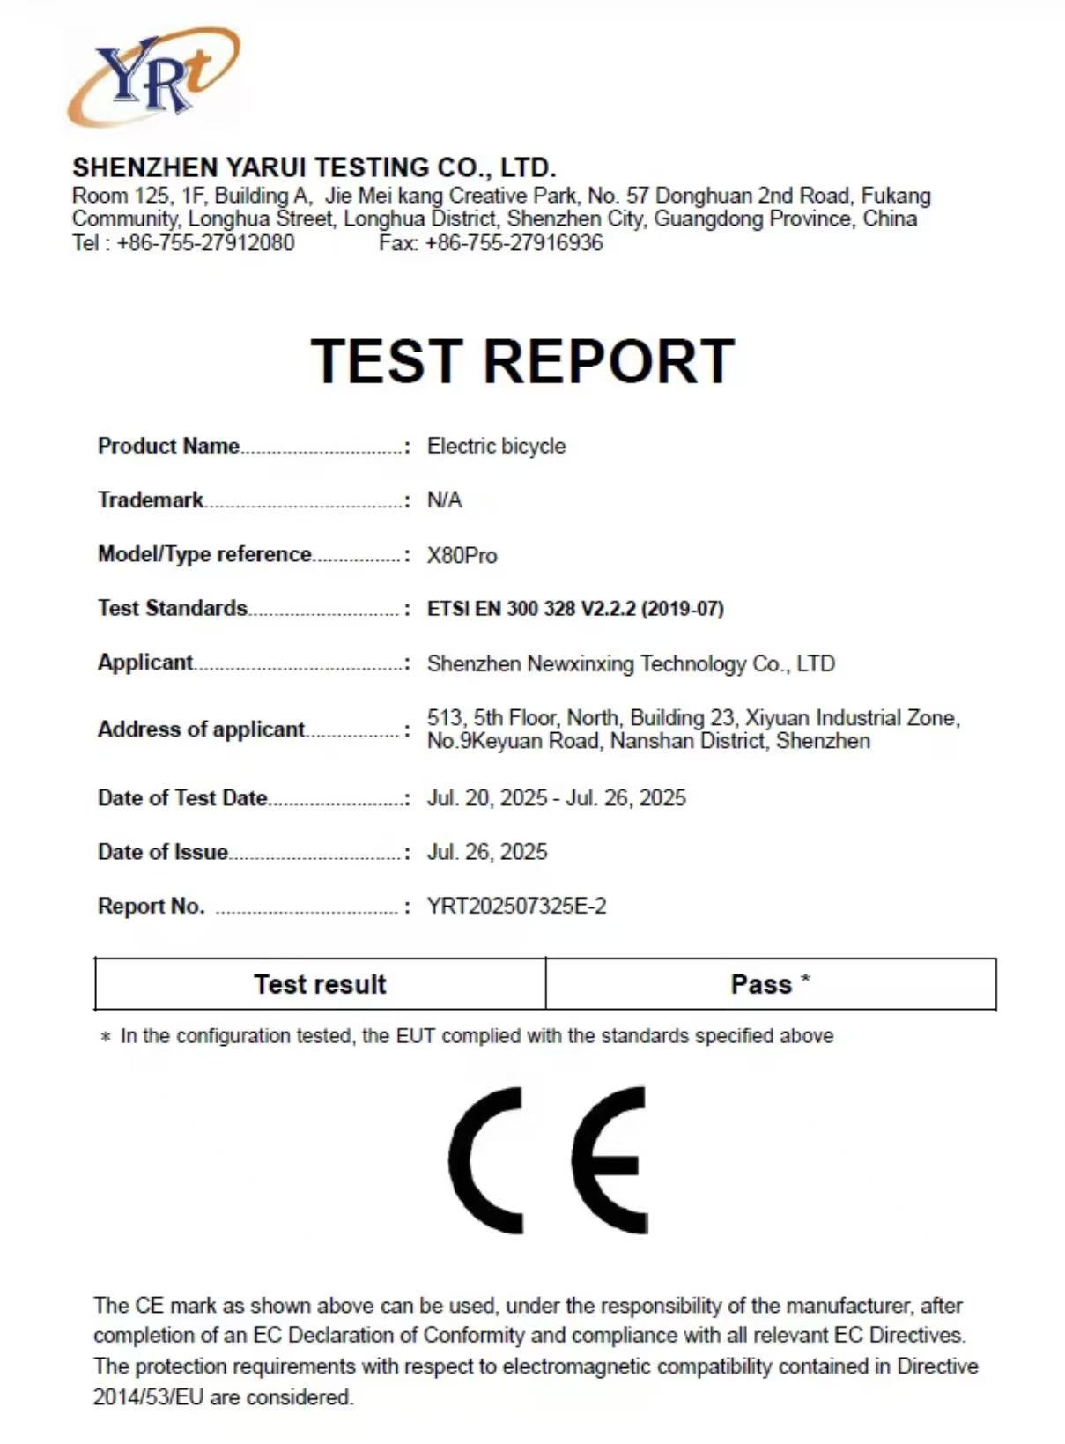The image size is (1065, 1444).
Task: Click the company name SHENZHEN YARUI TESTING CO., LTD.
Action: coord(314,167)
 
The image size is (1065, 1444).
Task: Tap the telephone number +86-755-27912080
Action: coord(205,243)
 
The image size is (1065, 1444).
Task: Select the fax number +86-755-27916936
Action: coord(514,243)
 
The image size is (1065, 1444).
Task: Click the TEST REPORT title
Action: coord(522,361)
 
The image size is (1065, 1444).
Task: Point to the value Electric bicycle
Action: coord(496,446)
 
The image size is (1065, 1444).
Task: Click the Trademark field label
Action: coord(151,500)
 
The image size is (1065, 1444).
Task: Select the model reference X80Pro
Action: coord(462,556)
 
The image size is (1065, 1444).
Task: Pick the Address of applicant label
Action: coord(201,729)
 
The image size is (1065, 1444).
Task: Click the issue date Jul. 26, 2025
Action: coord(487,852)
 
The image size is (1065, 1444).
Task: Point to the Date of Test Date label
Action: coord(182,798)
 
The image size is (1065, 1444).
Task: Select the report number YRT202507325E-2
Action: coord(516,907)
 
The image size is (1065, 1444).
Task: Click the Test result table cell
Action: coord(320,984)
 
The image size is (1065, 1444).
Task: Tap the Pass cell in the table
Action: coord(770,984)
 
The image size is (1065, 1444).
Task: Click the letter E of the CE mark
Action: coord(610,1159)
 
